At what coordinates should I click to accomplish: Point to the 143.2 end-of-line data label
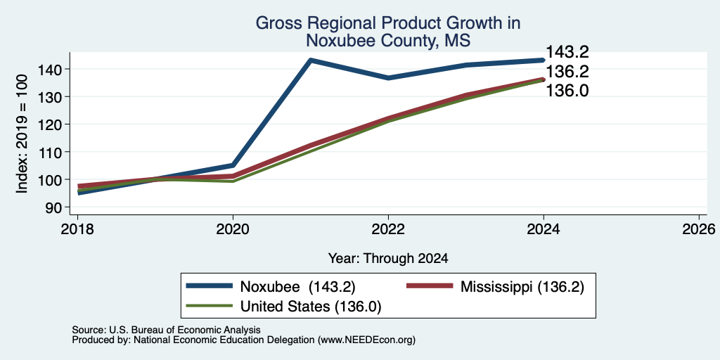coord(567,52)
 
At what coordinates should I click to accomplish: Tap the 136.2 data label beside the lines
coord(567,72)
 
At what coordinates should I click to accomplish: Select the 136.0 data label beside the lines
coord(567,91)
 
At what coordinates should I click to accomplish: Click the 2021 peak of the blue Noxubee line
coord(311,60)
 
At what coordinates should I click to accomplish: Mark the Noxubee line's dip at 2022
coord(388,78)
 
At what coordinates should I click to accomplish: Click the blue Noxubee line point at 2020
coord(233,165)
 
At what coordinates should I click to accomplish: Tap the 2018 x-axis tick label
coord(77,229)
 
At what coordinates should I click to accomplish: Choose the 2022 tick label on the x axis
coord(388,229)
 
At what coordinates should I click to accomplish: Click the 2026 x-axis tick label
coord(699,229)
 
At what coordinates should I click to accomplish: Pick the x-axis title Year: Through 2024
coord(388,259)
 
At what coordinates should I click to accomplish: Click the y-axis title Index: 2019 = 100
coord(22,134)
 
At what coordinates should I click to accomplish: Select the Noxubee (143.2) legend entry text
coord(298,287)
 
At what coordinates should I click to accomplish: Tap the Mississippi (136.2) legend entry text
coord(522,287)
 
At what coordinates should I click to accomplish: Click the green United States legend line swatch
coord(209,305)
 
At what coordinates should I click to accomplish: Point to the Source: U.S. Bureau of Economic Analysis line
coord(166,330)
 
